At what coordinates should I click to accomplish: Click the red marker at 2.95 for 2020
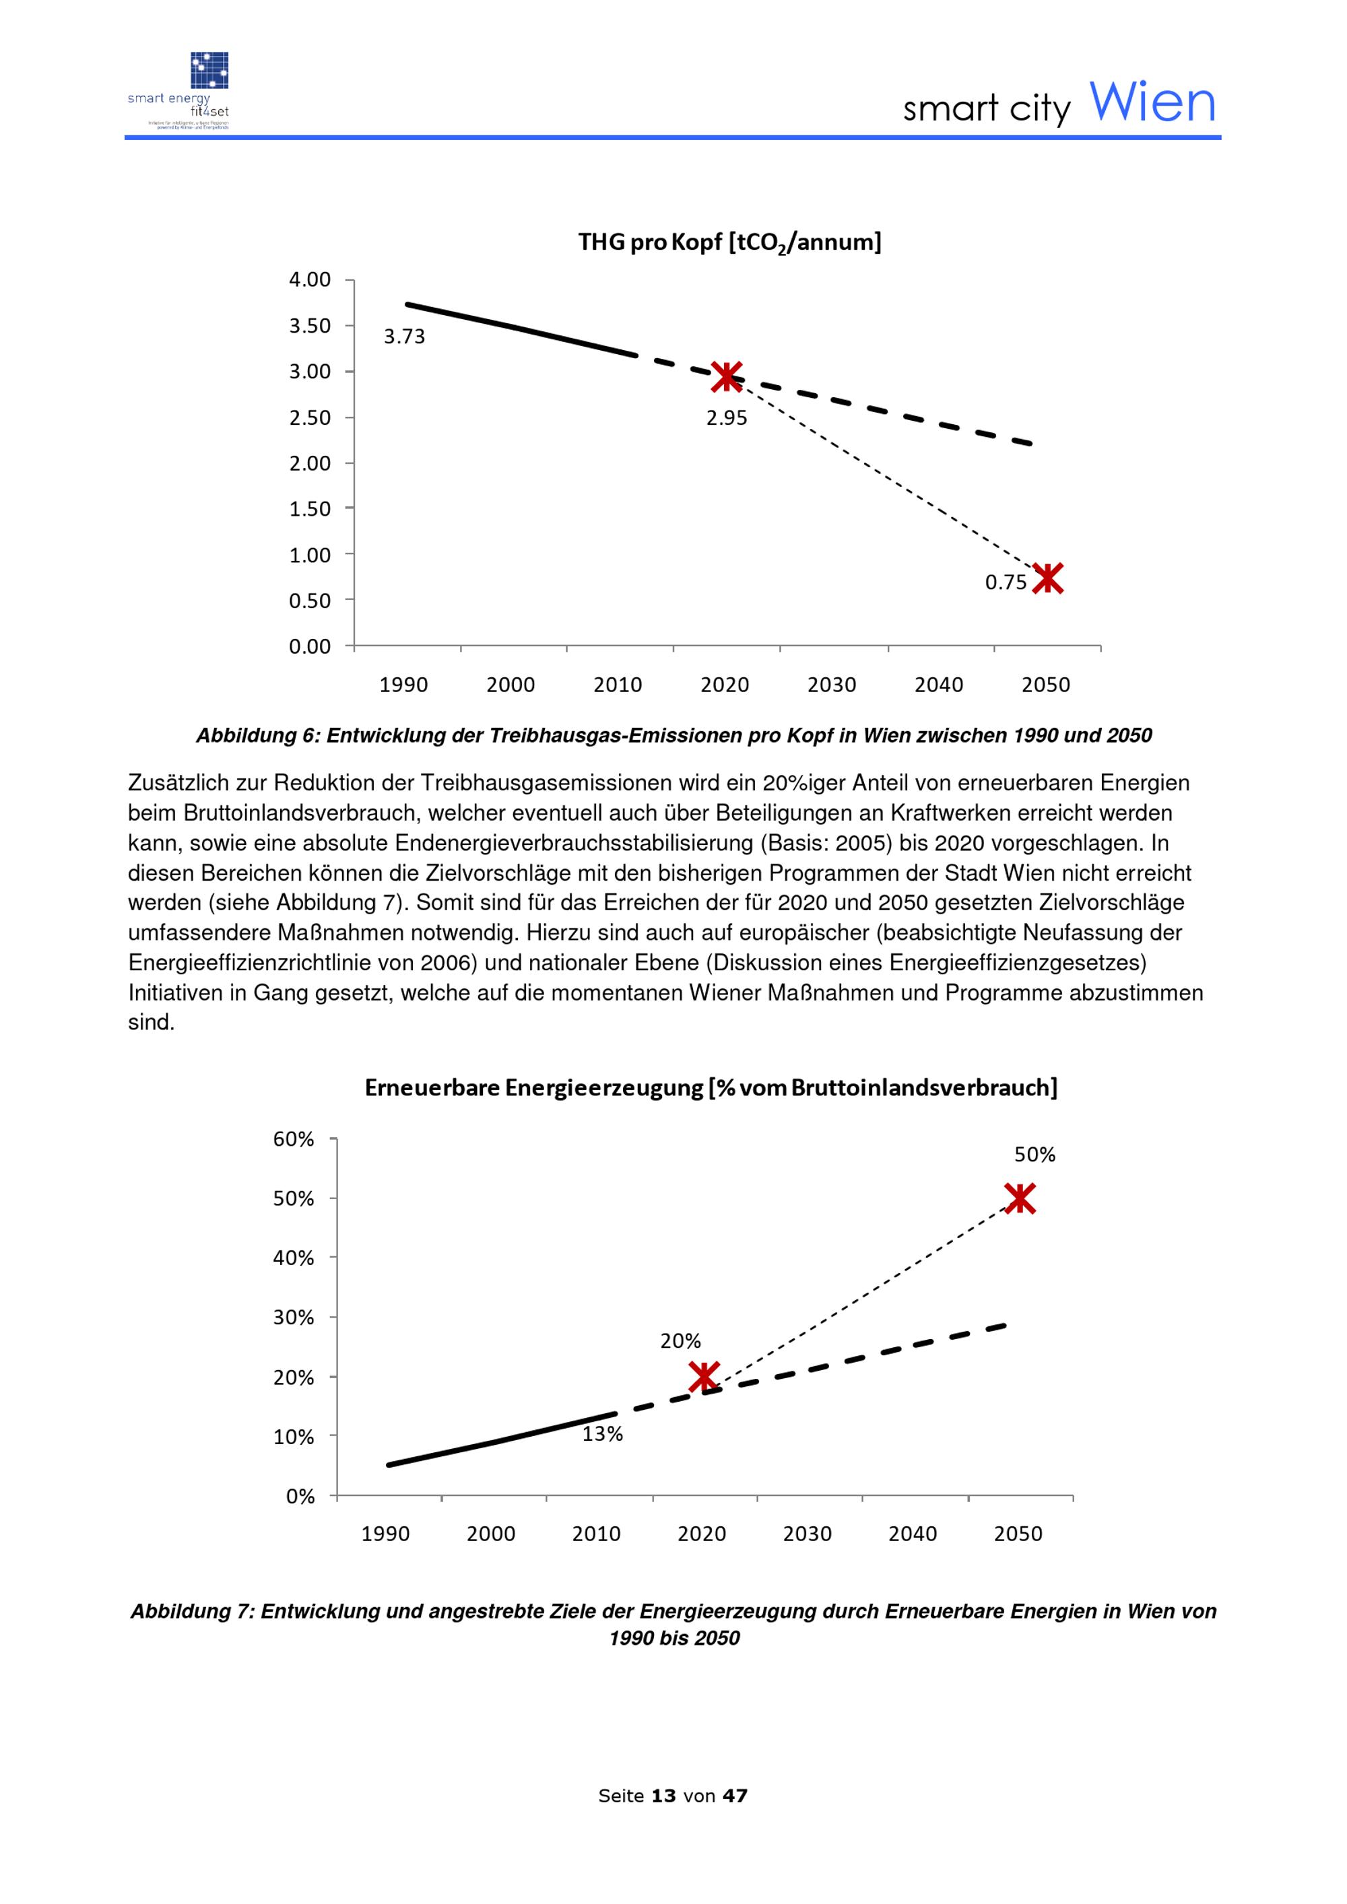[727, 376]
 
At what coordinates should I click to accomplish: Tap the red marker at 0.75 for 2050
[1047, 578]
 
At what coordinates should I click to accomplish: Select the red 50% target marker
[1020, 1198]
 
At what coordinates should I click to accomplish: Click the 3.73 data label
[404, 337]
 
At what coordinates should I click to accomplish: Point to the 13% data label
[602, 1434]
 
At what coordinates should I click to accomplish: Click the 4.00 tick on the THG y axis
[309, 279]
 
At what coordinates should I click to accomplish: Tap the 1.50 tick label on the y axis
[309, 508]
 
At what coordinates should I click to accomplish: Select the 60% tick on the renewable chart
[294, 1138]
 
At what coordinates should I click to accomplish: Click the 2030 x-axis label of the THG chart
[832, 685]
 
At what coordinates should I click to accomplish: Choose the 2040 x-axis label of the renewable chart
[913, 1534]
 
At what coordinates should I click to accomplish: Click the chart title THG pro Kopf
[730, 243]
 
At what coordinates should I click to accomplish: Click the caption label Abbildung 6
[257, 736]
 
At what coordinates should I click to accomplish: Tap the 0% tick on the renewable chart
[300, 1497]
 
